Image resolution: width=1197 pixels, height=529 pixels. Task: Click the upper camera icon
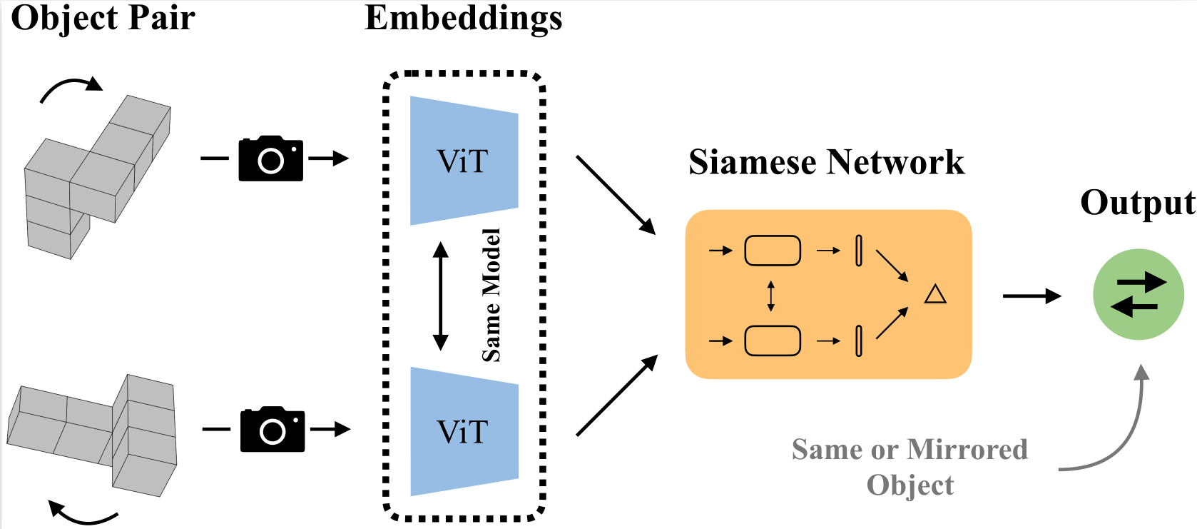(270, 158)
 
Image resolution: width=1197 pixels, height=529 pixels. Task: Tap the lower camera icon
(272, 430)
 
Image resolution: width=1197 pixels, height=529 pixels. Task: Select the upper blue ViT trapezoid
(464, 161)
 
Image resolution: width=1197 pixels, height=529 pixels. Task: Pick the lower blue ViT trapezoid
(464, 432)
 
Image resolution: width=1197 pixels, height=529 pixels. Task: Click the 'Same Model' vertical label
(491, 295)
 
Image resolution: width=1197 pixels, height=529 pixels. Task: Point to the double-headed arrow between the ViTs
(441, 296)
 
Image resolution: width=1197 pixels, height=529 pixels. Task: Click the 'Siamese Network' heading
(826, 162)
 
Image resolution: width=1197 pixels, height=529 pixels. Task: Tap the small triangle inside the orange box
(935, 294)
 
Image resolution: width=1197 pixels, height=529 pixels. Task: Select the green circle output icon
(1139, 294)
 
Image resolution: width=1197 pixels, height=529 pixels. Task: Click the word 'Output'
(1137, 203)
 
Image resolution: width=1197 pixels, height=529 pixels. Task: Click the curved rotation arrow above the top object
(70, 89)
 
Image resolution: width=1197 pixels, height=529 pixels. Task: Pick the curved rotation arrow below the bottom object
(82, 515)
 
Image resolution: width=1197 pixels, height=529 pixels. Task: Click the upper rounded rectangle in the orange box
(773, 251)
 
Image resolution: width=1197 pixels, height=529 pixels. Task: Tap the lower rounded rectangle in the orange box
(773, 341)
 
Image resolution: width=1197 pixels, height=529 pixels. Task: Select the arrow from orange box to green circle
(1032, 296)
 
